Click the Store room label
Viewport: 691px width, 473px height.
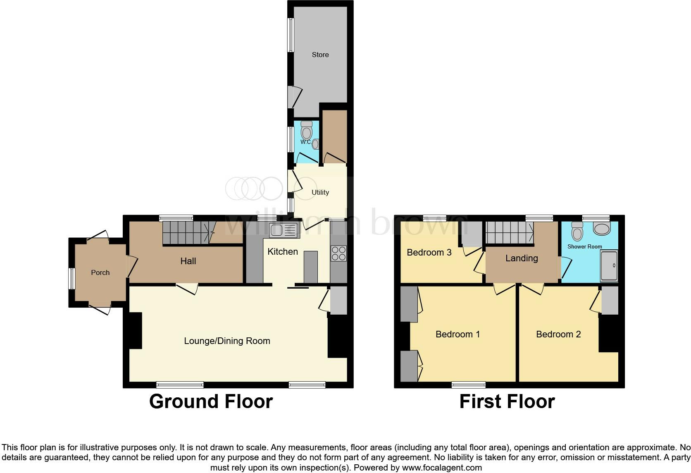click(x=320, y=55)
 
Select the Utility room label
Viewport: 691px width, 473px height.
click(x=320, y=192)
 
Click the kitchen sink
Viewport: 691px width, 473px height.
click(x=283, y=230)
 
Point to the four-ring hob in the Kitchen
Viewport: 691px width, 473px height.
click(x=338, y=253)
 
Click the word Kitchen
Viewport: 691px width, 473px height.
click(x=283, y=251)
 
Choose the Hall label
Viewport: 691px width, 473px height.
click(x=188, y=261)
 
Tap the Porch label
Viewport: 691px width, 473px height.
click(x=100, y=272)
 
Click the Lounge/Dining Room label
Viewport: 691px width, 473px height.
click(x=227, y=341)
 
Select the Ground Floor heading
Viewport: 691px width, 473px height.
click(x=211, y=401)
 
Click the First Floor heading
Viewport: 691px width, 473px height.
click(x=507, y=401)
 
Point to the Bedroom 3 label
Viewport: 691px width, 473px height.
click(x=429, y=252)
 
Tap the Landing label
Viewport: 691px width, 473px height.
click(x=522, y=258)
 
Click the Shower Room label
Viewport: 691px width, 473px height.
click(x=584, y=246)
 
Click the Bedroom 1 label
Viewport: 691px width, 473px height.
click(x=458, y=334)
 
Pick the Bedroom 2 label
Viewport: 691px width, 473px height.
click(x=558, y=334)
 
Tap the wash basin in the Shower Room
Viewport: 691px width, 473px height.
click(x=601, y=228)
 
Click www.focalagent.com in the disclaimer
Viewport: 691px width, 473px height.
click(x=442, y=468)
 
